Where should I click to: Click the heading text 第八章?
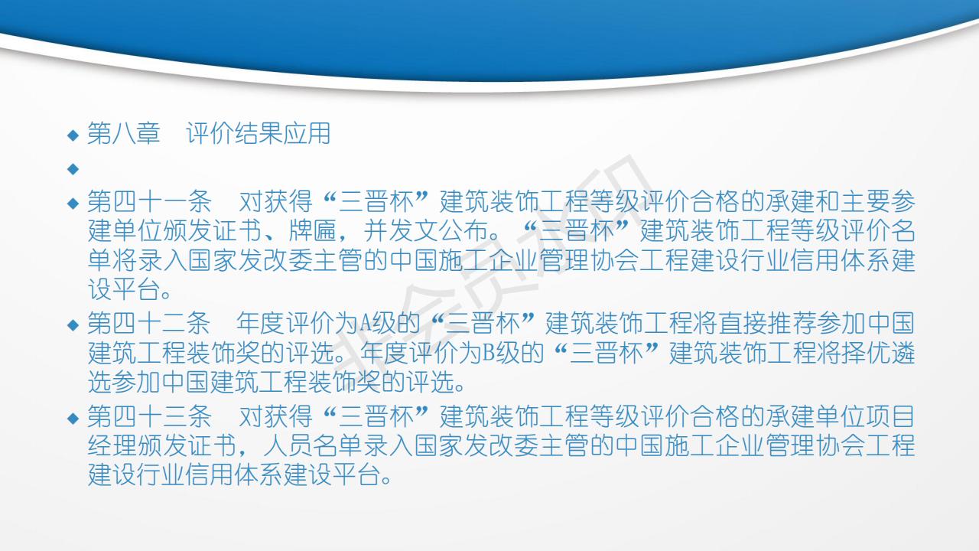(124, 133)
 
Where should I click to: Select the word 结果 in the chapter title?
(259, 133)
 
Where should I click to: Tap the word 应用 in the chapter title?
(307, 133)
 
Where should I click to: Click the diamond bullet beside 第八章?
(73, 135)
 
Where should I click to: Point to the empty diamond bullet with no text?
(73, 169)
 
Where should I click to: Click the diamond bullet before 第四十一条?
(73, 204)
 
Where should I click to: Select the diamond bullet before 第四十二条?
(73, 325)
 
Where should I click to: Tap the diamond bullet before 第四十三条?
(73, 419)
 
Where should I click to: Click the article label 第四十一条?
(149, 201)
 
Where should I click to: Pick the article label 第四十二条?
(149, 323)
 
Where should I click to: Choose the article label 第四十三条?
(149, 416)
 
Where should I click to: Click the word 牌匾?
(313, 231)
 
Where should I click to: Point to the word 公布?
(464, 231)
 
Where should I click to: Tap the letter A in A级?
(366, 324)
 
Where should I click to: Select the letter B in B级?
(488, 353)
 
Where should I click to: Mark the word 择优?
(865, 353)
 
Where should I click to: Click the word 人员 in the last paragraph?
(288, 445)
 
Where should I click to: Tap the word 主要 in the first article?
(865, 201)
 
